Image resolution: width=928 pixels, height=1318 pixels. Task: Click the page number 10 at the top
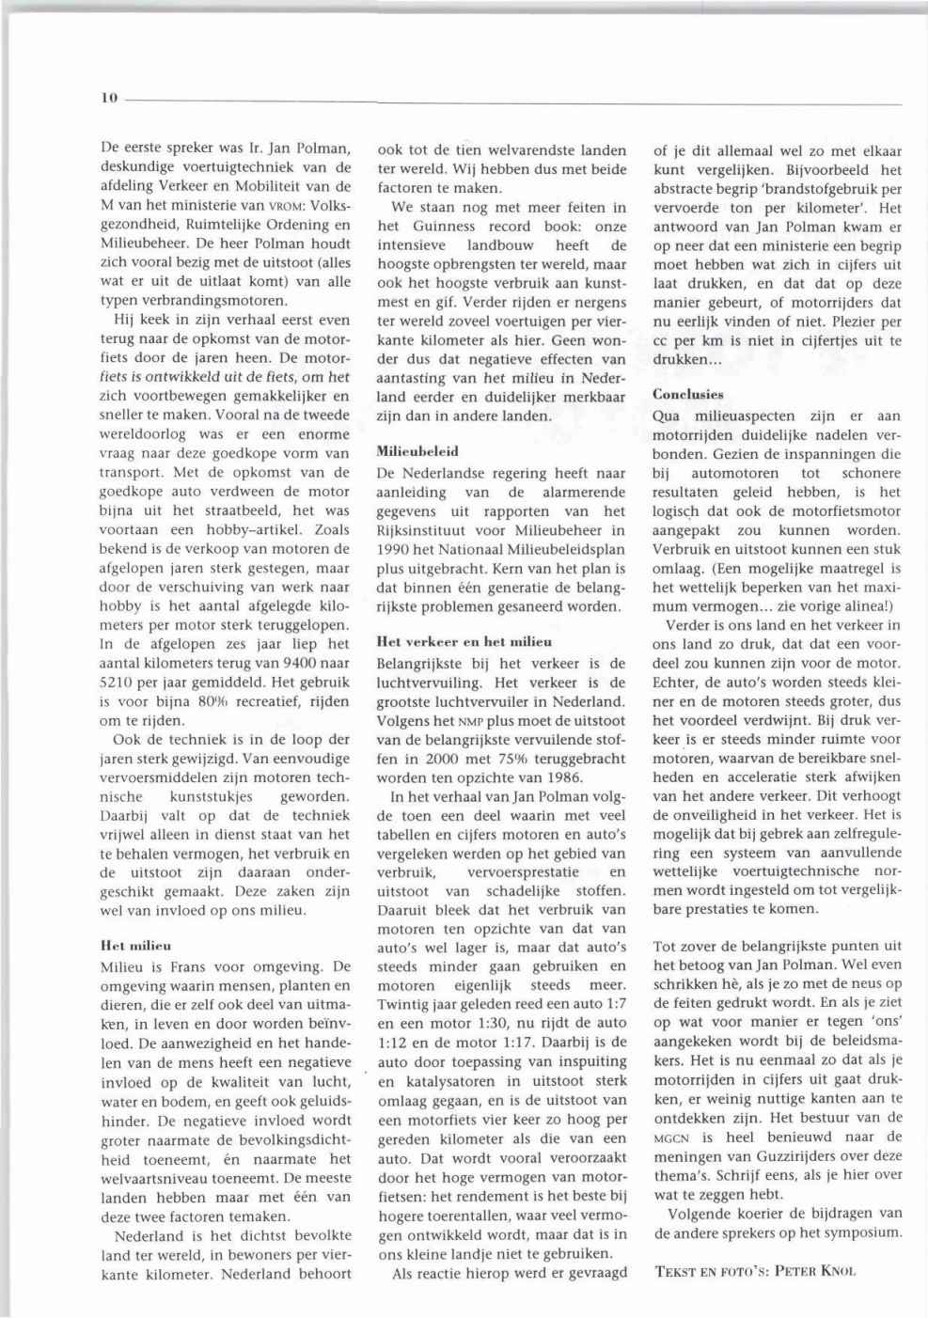tap(107, 97)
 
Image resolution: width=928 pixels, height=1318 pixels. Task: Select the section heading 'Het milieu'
tap(135, 945)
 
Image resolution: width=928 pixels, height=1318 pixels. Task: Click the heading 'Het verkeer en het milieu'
tap(464, 642)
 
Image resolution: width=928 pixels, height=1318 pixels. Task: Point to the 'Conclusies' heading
tap(688, 394)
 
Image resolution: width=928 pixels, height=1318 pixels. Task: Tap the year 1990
tap(393, 549)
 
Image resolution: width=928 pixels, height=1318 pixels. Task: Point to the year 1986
tap(564, 777)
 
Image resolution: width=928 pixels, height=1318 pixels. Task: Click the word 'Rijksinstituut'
tap(420, 530)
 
